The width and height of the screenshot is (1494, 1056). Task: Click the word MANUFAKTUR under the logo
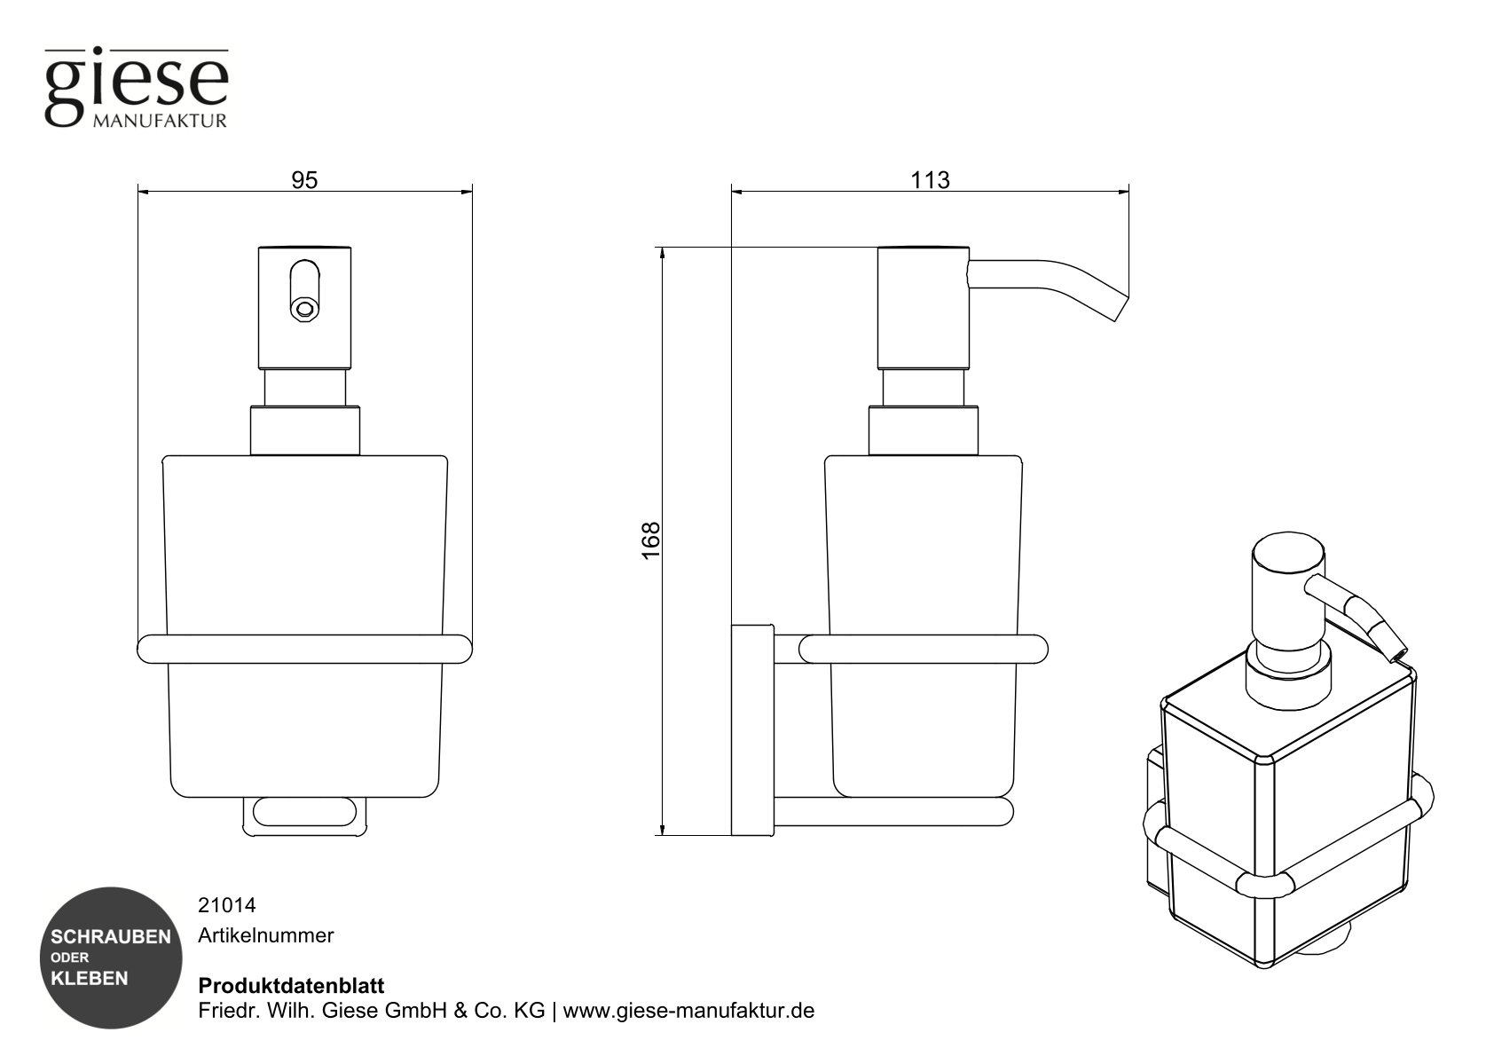(x=159, y=121)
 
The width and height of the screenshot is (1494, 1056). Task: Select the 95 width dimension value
(x=304, y=180)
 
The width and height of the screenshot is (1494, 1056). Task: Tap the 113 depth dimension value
(x=930, y=180)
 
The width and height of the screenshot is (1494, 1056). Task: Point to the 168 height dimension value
(x=651, y=540)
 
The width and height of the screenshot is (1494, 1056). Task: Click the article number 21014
(x=226, y=906)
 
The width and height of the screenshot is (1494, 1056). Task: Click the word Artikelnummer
(x=265, y=935)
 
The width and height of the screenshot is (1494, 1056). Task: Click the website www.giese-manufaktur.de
(x=688, y=1011)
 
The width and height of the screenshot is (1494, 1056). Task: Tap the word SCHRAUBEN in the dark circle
(x=111, y=937)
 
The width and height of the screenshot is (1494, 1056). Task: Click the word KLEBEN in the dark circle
(x=90, y=979)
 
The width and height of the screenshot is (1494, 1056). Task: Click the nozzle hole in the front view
(x=304, y=309)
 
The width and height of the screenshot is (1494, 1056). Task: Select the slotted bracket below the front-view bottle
(x=304, y=814)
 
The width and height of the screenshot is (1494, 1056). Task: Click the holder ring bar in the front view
(x=304, y=649)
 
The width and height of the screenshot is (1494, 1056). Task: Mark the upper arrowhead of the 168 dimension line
(x=661, y=254)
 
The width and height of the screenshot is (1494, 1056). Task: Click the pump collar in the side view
(x=923, y=430)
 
